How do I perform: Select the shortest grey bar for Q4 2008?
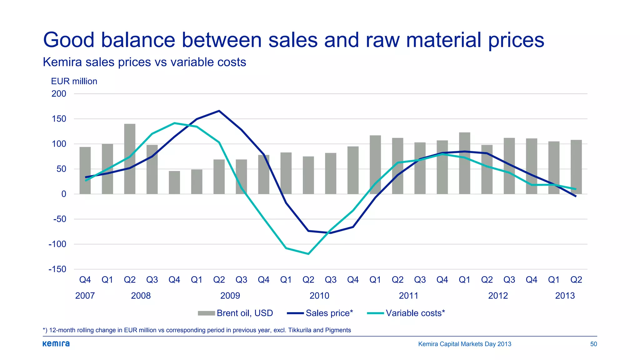point(174,182)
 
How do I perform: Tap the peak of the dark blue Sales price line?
point(219,111)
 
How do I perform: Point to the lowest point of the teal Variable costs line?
point(308,254)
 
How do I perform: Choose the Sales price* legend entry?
point(320,313)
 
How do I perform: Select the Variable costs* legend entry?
point(406,313)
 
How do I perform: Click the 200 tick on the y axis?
point(59,94)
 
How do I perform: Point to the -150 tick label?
point(57,269)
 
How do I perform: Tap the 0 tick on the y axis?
point(64,194)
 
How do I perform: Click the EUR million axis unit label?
point(74,81)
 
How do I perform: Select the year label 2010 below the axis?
point(319,296)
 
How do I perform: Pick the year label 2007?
point(85,296)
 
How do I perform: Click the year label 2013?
point(565,296)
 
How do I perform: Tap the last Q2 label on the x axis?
point(576,280)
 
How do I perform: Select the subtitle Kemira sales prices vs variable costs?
point(144,62)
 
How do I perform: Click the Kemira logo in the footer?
point(56,344)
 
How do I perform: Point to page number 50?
point(593,344)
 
